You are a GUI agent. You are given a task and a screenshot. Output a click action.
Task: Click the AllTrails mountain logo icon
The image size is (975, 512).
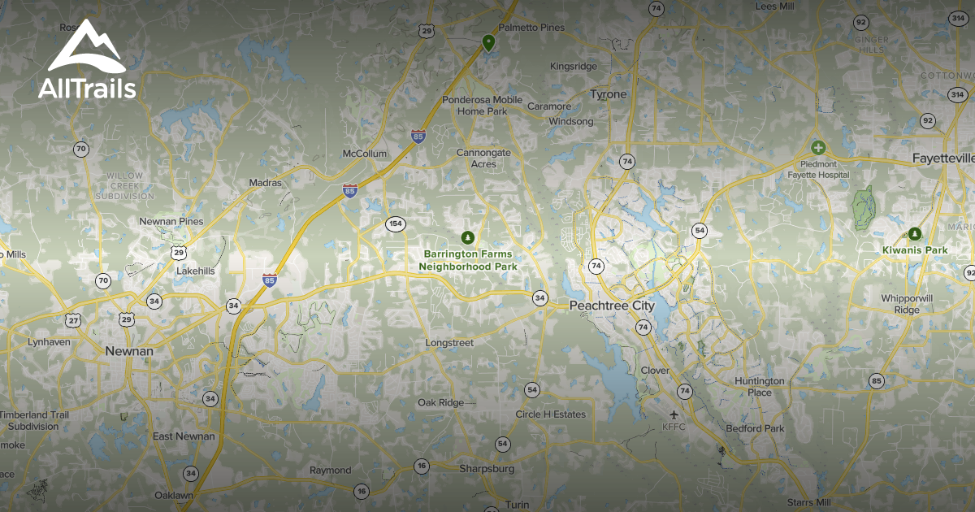[86, 47]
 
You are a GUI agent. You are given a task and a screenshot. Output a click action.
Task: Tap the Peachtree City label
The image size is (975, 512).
[611, 306]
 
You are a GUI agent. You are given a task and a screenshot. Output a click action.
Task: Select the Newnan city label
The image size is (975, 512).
[128, 351]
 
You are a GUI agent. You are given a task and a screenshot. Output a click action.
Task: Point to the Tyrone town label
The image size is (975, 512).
[608, 94]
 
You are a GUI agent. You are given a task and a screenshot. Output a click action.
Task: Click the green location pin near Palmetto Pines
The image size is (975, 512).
[488, 42]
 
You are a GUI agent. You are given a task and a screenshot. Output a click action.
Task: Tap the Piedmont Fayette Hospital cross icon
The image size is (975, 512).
[818, 148]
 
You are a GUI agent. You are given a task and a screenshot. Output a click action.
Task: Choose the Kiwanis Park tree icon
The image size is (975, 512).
[915, 233]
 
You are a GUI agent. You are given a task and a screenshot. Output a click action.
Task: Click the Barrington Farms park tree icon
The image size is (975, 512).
[467, 237]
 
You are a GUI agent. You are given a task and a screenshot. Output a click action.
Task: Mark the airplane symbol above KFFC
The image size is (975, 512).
[674, 414]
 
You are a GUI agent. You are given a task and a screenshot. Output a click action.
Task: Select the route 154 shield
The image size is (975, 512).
[396, 223]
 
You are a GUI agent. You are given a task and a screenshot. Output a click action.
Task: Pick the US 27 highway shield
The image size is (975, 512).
[74, 320]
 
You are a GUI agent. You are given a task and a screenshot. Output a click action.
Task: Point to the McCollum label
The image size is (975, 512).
[365, 154]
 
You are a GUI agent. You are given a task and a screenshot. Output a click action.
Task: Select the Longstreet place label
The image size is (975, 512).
[449, 343]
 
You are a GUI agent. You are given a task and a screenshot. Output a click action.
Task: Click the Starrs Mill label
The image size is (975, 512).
[808, 503]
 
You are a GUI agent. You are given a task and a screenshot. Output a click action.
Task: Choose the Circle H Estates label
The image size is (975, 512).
[550, 414]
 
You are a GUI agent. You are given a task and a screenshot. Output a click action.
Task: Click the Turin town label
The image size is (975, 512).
[517, 505]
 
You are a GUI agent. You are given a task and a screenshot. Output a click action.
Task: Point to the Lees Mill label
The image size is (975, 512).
[774, 7]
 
